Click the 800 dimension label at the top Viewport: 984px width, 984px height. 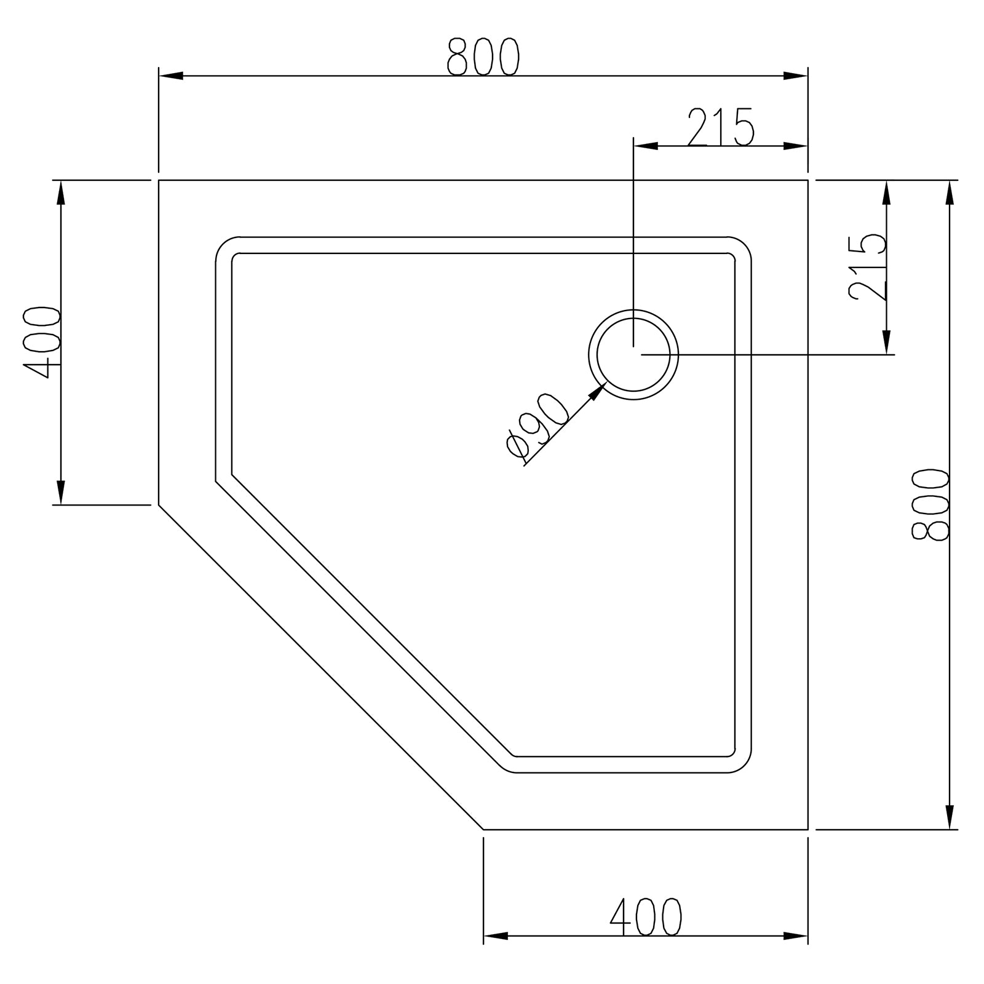pyautogui.click(x=483, y=57)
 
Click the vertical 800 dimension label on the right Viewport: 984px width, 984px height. pyautogui.click(x=931, y=505)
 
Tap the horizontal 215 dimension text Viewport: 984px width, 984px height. pyautogui.click(x=720, y=127)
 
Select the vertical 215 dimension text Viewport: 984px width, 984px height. pyautogui.click(x=867, y=268)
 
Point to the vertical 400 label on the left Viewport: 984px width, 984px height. pyautogui.click(x=42, y=342)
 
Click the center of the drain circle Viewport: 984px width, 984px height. pyautogui.click(x=633, y=354)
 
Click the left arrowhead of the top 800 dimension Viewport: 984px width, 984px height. pyautogui.click(x=170, y=76)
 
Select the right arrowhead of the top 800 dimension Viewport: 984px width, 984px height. pyautogui.click(x=796, y=76)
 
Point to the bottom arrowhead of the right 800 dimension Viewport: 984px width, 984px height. pyautogui.click(x=951, y=818)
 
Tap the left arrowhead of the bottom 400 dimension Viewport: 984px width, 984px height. pyautogui.click(x=495, y=954)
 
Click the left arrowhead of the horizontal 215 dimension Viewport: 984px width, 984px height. pyautogui.click(x=646, y=146)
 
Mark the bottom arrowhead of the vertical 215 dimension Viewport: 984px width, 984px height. pyautogui.click(x=886, y=343)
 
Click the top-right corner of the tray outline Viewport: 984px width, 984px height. pyautogui.click(x=807, y=180)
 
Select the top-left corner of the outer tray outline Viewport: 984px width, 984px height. pyautogui.click(x=159, y=180)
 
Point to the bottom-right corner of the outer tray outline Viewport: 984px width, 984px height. pyautogui.click(x=807, y=829)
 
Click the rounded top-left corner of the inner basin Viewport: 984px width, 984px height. pyautogui.click(x=224, y=246)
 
